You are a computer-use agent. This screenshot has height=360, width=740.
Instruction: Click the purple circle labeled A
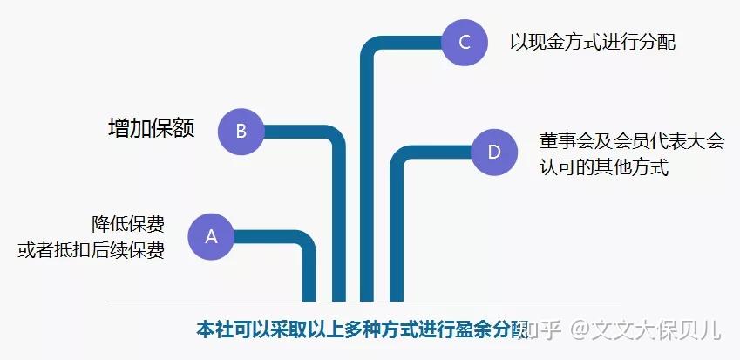pyautogui.click(x=210, y=236)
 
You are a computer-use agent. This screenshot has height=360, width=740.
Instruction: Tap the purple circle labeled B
pyautogui.click(x=241, y=132)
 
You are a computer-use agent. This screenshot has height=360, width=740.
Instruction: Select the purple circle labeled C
pyautogui.click(x=465, y=41)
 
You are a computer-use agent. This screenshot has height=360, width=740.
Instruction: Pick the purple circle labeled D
pyautogui.click(x=494, y=153)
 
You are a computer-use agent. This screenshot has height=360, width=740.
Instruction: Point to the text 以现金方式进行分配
pyautogui.click(x=593, y=41)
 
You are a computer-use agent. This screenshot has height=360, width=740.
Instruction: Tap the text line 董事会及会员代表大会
pyautogui.click(x=631, y=141)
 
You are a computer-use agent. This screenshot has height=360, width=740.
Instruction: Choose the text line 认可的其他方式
pyautogui.click(x=603, y=167)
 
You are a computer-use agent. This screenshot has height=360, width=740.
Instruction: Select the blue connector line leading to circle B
pyautogui.click(x=339, y=218)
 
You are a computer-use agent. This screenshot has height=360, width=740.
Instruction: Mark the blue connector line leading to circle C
pyautogui.click(x=368, y=174)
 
